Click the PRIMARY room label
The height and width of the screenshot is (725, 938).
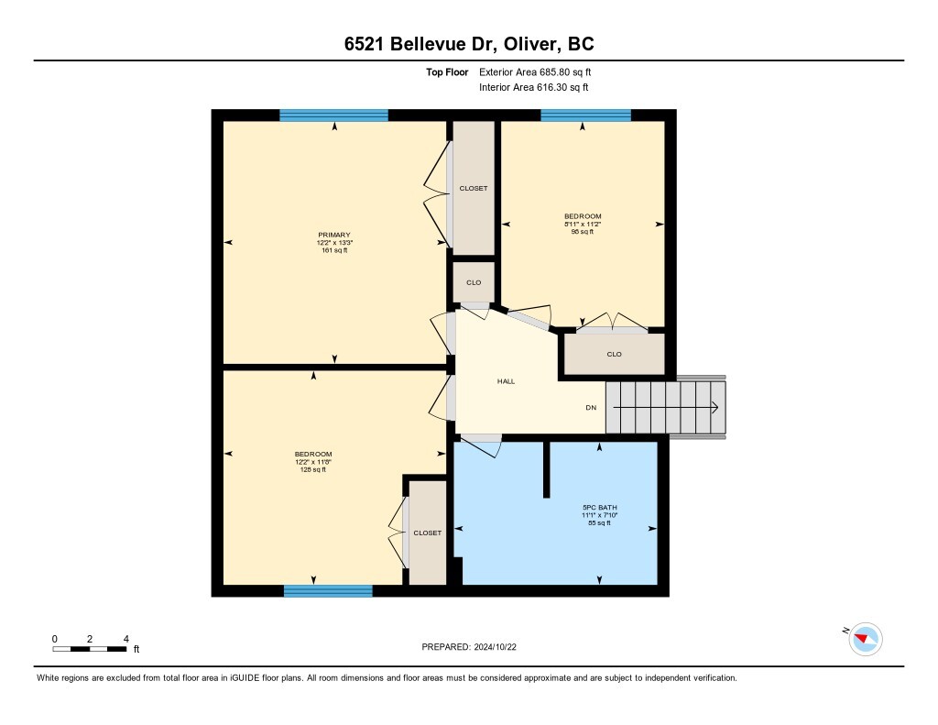tap(334, 235)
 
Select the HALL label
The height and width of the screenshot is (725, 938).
tap(506, 381)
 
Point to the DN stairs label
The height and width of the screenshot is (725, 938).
tap(593, 407)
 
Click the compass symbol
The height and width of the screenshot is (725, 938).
tap(865, 638)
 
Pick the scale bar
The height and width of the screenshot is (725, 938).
tap(90, 649)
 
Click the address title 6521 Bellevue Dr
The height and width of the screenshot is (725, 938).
tap(468, 45)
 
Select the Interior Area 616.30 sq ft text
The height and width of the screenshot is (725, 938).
tap(533, 88)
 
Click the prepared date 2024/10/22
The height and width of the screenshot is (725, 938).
tap(474, 646)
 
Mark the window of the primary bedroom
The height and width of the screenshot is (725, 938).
tap(333, 115)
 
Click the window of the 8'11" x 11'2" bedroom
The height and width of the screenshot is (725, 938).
tap(585, 115)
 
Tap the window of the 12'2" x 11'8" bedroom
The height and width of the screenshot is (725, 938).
tap(328, 591)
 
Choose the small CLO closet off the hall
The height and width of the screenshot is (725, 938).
tap(474, 282)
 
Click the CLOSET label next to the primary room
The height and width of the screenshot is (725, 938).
tap(474, 188)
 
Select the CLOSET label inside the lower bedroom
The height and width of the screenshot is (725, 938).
tap(427, 533)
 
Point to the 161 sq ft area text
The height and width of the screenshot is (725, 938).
tap(334, 250)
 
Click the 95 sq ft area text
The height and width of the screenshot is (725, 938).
tap(583, 232)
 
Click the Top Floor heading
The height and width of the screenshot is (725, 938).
tap(451, 71)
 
